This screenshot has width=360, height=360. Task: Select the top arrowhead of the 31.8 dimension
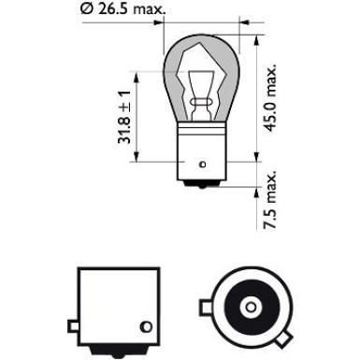coord(137,72)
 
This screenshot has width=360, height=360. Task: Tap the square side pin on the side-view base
coord(74,325)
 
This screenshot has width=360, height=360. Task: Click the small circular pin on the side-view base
coord(144,326)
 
